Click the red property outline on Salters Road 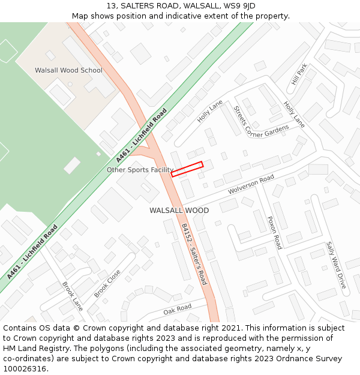[187, 169]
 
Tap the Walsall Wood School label [68, 70]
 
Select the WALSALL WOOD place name [179, 211]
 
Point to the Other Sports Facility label [140, 170]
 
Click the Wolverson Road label [251, 184]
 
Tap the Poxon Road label [274, 233]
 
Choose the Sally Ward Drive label [336, 265]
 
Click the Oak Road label [177, 309]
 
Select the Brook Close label [107, 283]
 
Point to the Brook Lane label [73, 296]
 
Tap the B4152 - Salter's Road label [194, 254]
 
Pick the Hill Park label [299, 74]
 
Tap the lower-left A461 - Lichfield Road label [32, 252]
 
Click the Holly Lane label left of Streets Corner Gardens [210, 111]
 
